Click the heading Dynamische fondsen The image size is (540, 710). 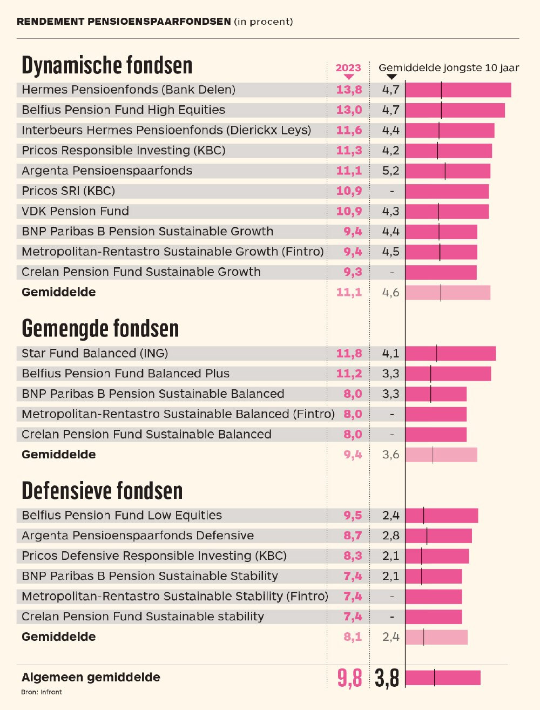(x=107, y=65)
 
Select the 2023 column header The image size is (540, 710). (x=348, y=67)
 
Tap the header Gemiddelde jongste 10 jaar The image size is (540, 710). (x=448, y=67)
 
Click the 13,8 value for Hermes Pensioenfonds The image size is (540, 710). (x=349, y=90)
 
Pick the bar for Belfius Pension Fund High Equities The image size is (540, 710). (x=455, y=110)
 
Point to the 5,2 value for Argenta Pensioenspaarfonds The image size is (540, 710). (x=390, y=171)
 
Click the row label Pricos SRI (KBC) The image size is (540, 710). (x=68, y=191)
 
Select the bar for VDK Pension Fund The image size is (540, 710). (x=447, y=211)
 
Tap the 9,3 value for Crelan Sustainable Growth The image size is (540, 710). (x=353, y=272)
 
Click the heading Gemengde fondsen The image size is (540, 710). (x=100, y=328)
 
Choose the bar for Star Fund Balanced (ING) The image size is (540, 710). (x=450, y=354)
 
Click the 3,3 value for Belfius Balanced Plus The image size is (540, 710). (x=390, y=374)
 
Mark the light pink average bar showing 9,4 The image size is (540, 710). (x=441, y=455)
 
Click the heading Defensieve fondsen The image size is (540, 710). (x=102, y=491)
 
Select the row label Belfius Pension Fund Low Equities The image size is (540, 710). (x=122, y=516)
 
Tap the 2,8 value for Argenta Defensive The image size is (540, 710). (x=390, y=536)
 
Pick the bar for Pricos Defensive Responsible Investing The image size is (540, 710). (x=437, y=556)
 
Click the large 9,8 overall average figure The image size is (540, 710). (x=349, y=678)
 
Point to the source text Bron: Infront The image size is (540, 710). (x=42, y=692)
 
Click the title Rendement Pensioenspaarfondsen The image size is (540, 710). (x=124, y=22)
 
